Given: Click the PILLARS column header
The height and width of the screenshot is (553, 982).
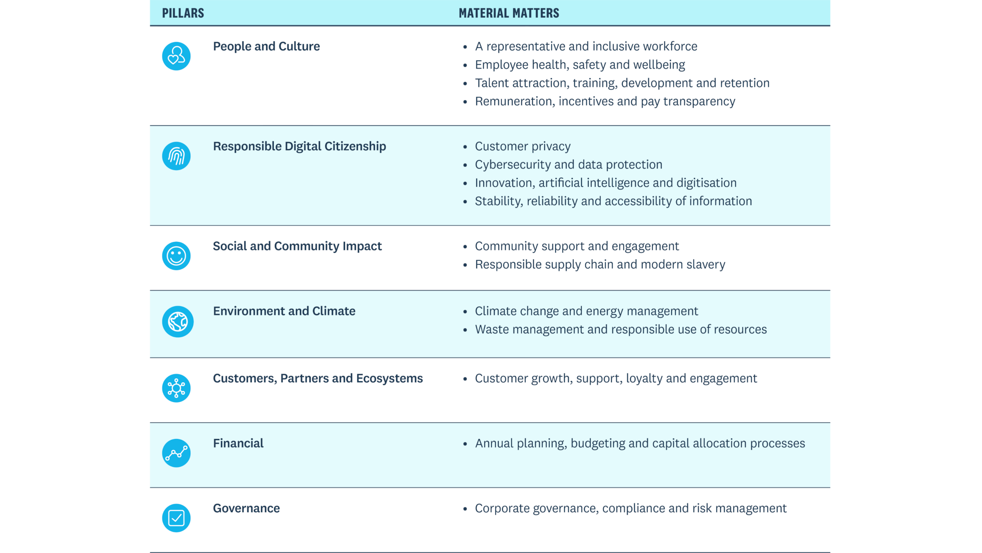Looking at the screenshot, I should click(x=183, y=13).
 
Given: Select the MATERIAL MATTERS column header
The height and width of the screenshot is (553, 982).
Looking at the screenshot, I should click(x=509, y=13).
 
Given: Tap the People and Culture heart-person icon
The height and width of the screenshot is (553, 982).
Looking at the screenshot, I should click(x=176, y=56).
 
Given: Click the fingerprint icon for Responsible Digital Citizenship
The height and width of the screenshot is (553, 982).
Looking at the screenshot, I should click(x=176, y=156).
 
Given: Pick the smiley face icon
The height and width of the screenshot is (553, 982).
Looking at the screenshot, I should click(x=176, y=256).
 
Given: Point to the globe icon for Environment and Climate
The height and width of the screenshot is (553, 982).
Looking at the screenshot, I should click(x=178, y=322).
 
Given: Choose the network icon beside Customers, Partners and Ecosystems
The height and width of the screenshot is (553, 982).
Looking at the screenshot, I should click(x=176, y=388).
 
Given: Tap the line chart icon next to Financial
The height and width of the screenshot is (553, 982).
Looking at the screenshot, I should click(x=176, y=453).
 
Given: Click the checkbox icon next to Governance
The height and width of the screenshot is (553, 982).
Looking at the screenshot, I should click(x=176, y=518).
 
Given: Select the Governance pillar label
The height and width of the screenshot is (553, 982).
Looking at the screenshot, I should click(x=246, y=508).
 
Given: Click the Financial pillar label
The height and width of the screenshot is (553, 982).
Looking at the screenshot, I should click(x=238, y=443).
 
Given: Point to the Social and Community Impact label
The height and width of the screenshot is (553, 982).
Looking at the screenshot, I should click(x=297, y=246).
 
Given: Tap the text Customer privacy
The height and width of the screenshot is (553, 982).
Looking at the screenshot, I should click(x=523, y=146).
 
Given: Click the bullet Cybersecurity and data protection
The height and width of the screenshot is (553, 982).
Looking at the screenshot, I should click(x=568, y=165).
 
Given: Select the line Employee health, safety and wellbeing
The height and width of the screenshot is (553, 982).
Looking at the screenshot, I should click(x=580, y=65).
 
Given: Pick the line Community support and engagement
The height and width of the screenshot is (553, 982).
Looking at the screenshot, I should click(x=577, y=246).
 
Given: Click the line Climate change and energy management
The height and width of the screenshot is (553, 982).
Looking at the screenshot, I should click(x=586, y=311).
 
